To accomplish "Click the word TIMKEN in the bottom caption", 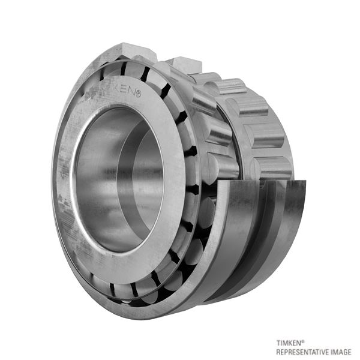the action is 289,343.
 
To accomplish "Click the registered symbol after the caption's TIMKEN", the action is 303,341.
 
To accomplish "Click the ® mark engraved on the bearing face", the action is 138,94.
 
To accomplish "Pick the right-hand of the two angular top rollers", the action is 185,65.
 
